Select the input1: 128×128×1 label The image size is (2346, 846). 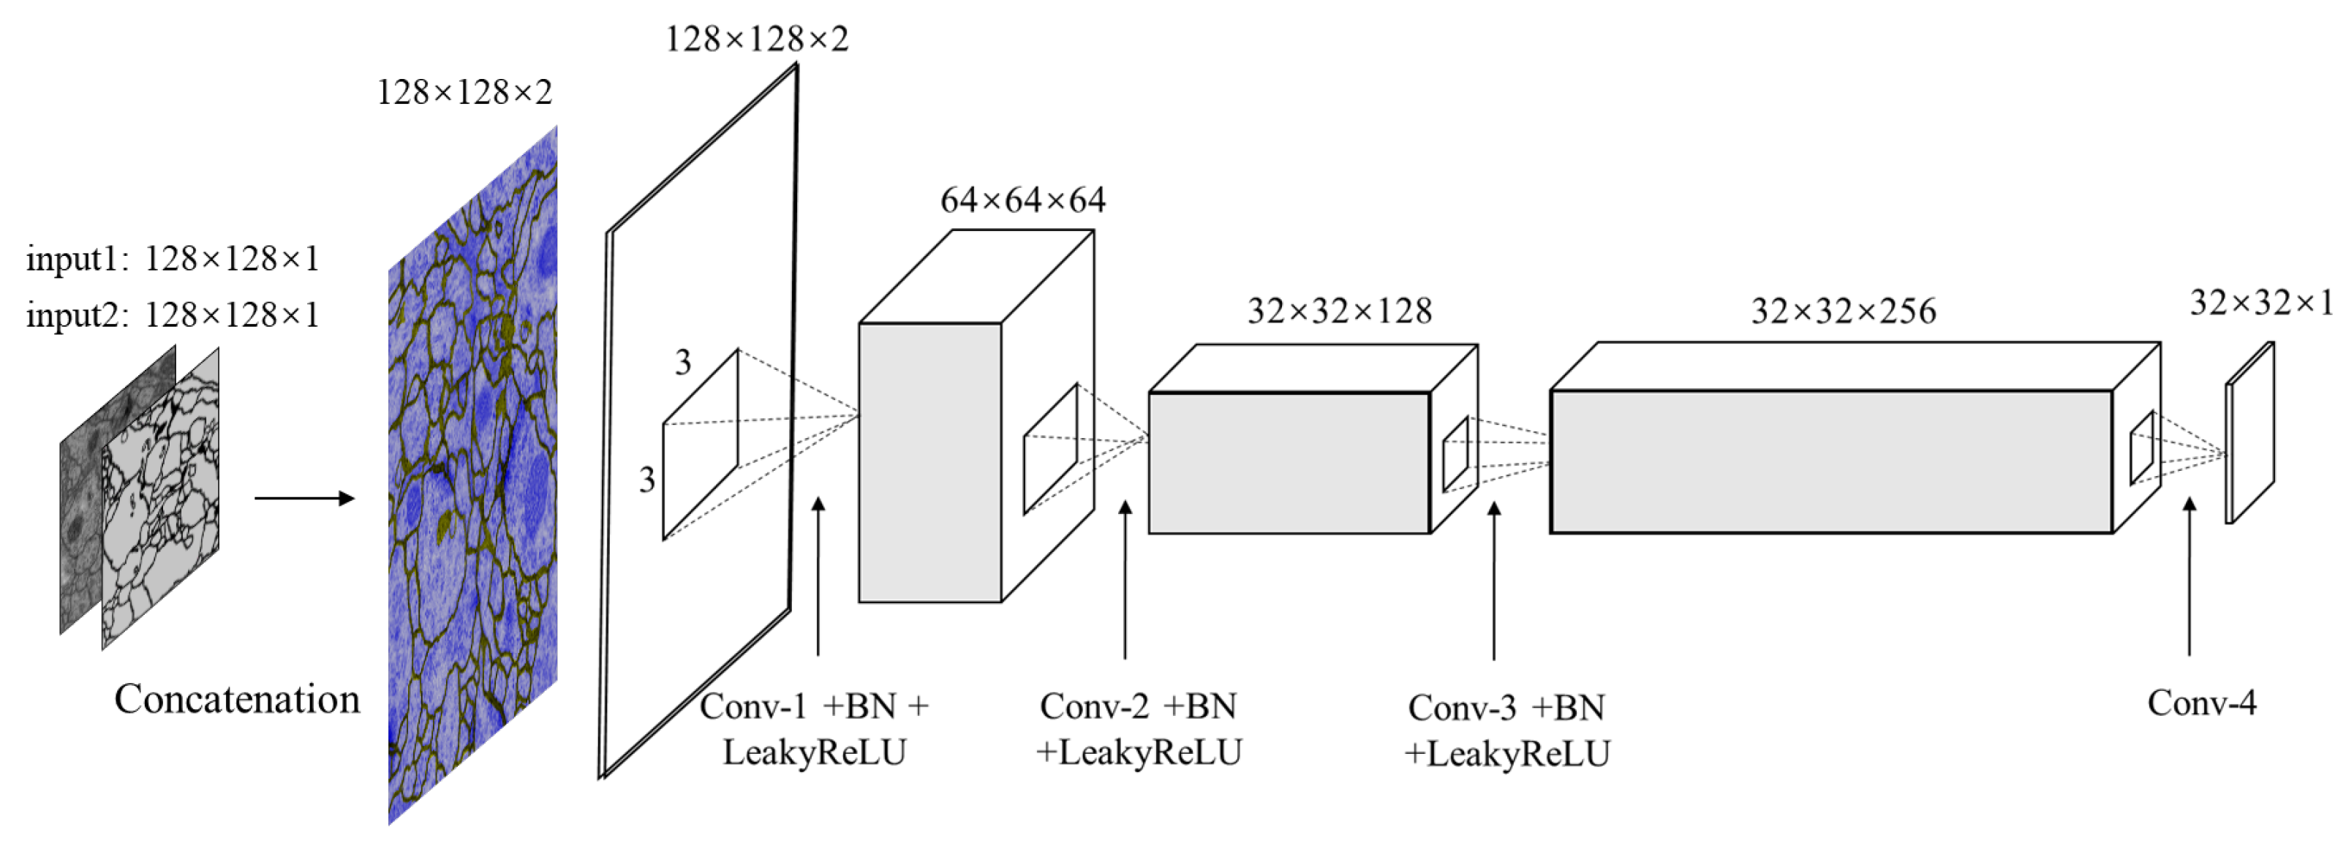click(x=173, y=260)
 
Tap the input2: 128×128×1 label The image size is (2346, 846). click(x=173, y=315)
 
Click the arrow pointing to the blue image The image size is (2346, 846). click(x=304, y=498)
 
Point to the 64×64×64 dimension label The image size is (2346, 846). click(x=1023, y=200)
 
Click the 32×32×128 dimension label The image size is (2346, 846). click(x=1339, y=311)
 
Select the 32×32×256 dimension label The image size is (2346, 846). click(x=1844, y=311)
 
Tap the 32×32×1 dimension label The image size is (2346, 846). click(x=2260, y=302)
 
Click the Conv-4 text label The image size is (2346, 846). click(x=2201, y=703)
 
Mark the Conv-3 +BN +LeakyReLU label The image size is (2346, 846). click(x=1507, y=730)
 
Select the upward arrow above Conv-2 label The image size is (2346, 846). click(x=1125, y=579)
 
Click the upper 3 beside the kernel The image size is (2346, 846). click(x=683, y=363)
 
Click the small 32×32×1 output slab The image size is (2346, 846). click(x=2249, y=434)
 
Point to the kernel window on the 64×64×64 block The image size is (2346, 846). click(x=1050, y=448)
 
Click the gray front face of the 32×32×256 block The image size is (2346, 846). click(x=1830, y=461)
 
